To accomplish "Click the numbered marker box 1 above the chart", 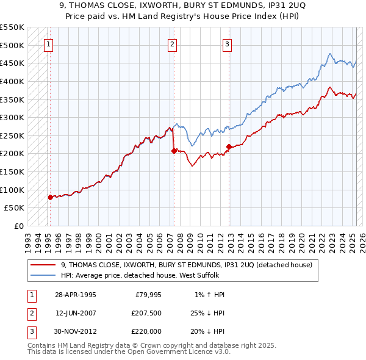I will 48,44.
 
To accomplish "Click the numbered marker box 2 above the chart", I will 173,44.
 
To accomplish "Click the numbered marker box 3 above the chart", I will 227,44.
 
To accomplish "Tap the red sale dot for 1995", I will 50,197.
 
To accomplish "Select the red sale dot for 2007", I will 174,151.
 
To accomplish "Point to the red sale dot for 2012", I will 229,146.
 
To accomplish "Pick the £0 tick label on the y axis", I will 19,226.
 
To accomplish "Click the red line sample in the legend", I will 43,265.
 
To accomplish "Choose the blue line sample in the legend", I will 43,275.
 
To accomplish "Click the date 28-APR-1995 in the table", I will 76,295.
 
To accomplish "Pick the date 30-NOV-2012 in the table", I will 76,331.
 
